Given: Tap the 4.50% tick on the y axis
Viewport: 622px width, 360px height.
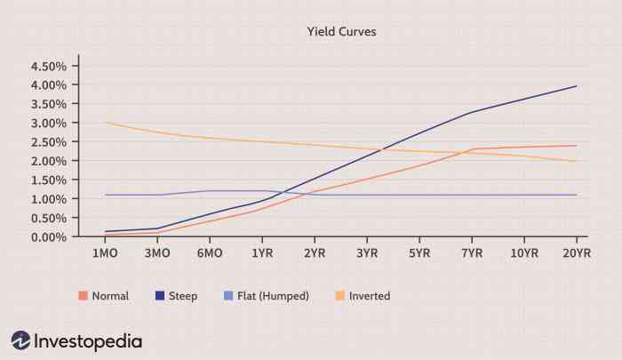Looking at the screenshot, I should [x=49, y=67].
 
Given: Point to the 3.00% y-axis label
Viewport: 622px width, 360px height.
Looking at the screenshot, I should [x=49, y=124].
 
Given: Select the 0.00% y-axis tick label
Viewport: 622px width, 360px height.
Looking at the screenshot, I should [x=49, y=237].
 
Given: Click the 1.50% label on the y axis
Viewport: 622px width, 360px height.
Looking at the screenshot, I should [x=49, y=180].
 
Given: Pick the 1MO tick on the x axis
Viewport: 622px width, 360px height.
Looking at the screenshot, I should [x=106, y=254].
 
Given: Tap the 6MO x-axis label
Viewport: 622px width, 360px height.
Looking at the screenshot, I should [x=210, y=254].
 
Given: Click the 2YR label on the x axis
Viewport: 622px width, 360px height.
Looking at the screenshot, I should [x=315, y=254].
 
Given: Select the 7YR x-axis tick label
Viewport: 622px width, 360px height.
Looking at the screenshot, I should [x=472, y=254].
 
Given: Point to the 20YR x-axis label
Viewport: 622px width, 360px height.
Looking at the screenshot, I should [x=576, y=254].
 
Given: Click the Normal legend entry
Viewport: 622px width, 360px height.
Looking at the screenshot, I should [x=104, y=296].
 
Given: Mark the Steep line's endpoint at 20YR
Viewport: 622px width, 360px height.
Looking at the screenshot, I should [x=577, y=86].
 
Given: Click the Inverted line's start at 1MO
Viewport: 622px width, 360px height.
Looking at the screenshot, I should [x=106, y=123].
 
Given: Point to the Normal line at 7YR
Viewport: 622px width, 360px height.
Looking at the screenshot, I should [x=473, y=149].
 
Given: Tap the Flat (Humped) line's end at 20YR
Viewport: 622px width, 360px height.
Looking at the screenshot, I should [x=577, y=195].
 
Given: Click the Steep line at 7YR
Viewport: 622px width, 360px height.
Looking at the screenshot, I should [x=473, y=112].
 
